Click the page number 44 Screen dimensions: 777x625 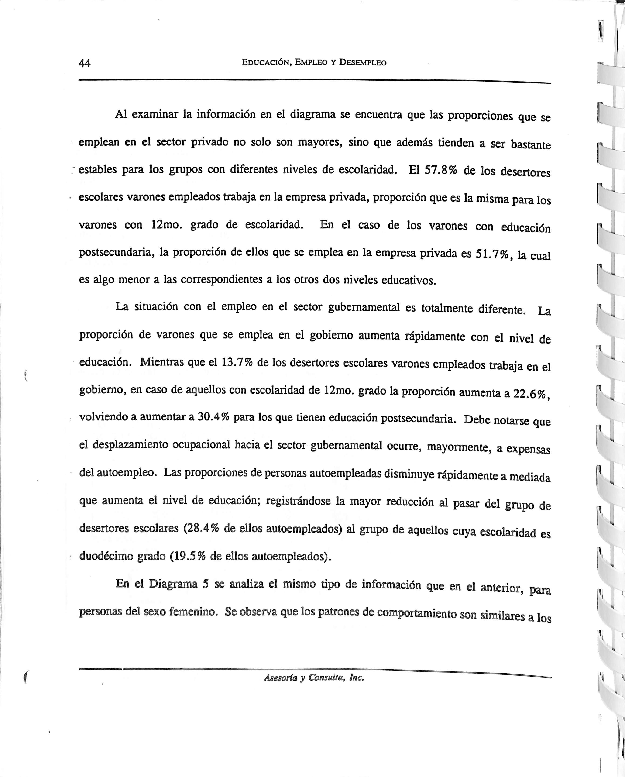pos(85,63)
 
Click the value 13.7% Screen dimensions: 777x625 pos(237,362)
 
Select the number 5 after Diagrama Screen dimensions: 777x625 pos(206,584)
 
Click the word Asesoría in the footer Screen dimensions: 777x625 pos(280,678)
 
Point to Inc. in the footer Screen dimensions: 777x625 pos(357,678)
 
